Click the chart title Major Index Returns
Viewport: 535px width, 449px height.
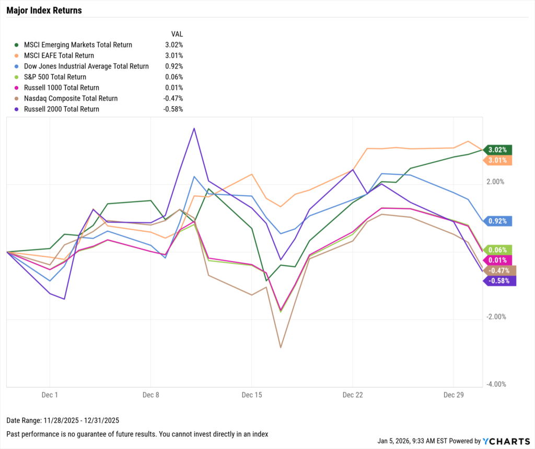click(x=44, y=10)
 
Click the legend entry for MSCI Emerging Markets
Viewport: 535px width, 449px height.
click(x=74, y=45)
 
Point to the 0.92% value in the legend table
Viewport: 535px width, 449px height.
click(x=173, y=66)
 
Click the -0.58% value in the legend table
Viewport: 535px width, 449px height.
click(x=173, y=109)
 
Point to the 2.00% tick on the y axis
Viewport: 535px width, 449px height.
click(x=495, y=182)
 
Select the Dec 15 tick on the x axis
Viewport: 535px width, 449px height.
click(x=251, y=394)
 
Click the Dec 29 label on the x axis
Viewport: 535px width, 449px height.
click(x=453, y=394)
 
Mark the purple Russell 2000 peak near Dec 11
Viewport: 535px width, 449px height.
click(x=194, y=128)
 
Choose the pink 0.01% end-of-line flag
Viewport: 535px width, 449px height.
click(x=498, y=260)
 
